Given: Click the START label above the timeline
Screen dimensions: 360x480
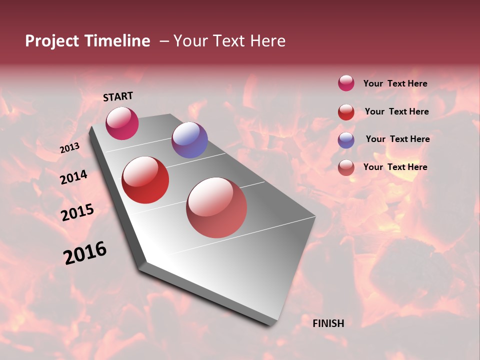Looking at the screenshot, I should (118, 96).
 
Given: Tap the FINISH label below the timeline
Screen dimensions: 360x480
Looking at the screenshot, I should (328, 323).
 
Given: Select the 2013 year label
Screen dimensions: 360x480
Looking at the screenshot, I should (69, 148).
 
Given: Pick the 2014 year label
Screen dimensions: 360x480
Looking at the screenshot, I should (73, 177).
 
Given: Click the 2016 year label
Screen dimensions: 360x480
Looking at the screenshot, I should (85, 253).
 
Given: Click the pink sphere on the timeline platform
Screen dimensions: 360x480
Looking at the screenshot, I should (122, 123).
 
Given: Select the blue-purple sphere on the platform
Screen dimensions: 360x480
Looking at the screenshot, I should (189, 140).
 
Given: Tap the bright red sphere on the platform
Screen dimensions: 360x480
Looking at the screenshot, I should (145, 180).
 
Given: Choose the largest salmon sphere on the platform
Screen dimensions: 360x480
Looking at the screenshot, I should (216, 207).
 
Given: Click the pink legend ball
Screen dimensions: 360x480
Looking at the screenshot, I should (346, 83).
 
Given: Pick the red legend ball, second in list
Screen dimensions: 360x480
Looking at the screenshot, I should (346, 112).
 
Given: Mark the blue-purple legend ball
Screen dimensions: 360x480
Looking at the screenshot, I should (346, 140).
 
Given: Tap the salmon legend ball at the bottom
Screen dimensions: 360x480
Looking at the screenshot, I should (346, 167).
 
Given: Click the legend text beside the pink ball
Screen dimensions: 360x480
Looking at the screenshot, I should (395, 83).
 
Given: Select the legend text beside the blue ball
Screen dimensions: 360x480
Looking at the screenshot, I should (397, 139).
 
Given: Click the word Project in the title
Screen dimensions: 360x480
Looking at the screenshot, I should (52, 41).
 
